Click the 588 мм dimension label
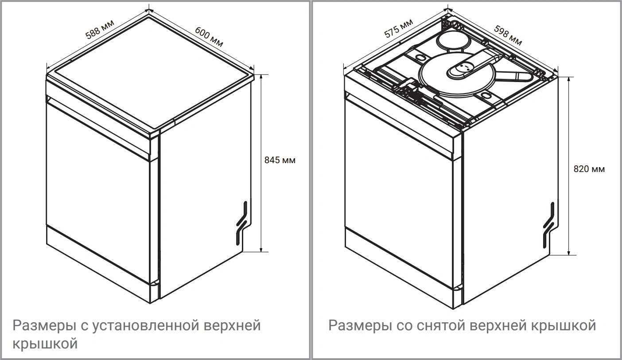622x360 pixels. tap(100, 29)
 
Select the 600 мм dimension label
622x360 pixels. tap(209, 36)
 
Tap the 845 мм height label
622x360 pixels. tap(280, 160)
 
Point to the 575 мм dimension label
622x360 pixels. tap(398, 28)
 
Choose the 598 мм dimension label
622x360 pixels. tap(508, 35)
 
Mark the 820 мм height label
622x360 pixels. tap(589, 169)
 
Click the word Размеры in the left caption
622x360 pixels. tap(44, 326)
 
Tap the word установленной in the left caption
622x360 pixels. tap(145, 326)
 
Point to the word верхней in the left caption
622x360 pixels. tap(233, 326)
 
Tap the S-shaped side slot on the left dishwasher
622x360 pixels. tap(241, 223)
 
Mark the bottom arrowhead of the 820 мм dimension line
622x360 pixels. tap(569, 253)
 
